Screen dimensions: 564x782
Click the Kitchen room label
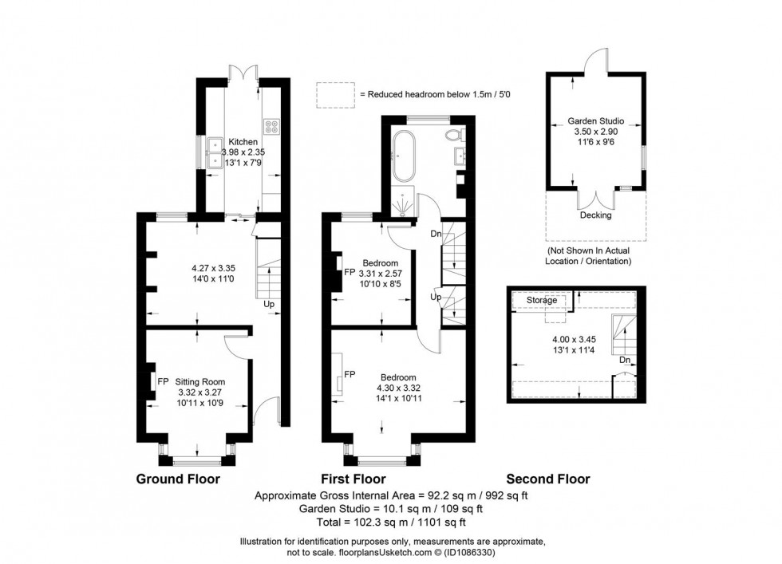coord(243,142)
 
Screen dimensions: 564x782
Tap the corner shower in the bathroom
coord(405,206)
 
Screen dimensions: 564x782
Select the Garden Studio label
coord(595,121)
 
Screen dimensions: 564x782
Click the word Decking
coord(595,215)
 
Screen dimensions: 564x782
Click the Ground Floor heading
coord(178,479)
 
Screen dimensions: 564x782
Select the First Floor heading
coord(353,479)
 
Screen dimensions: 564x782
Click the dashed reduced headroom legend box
coord(334,94)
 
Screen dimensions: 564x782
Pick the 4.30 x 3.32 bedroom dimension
coord(397,388)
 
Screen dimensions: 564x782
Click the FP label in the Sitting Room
coord(162,381)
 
